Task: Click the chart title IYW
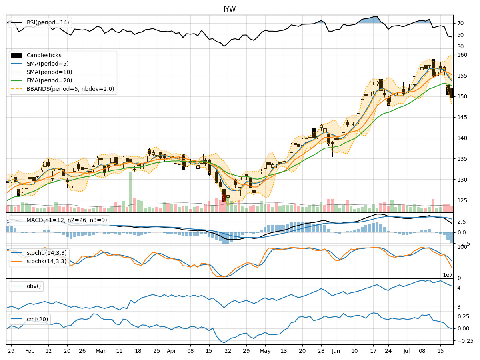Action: [x=229, y=9]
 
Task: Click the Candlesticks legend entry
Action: [x=44, y=55]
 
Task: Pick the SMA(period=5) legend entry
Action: [x=49, y=64]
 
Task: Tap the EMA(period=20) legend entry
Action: [x=50, y=80]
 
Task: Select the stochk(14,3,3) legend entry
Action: [x=46, y=261]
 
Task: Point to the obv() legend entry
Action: [x=34, y=286]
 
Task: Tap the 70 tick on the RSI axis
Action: [x=460, y=23]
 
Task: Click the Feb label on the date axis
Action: [x=30, y=350]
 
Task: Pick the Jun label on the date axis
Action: [x=336, y=350]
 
